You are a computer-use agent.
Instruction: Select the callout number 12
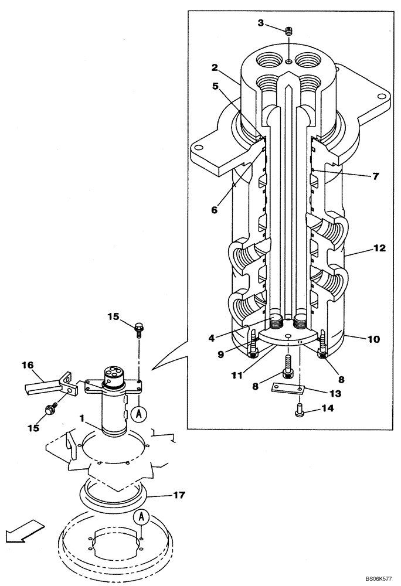click(x=379, y=248)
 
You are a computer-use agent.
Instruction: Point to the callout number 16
click(x=28, y=365)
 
